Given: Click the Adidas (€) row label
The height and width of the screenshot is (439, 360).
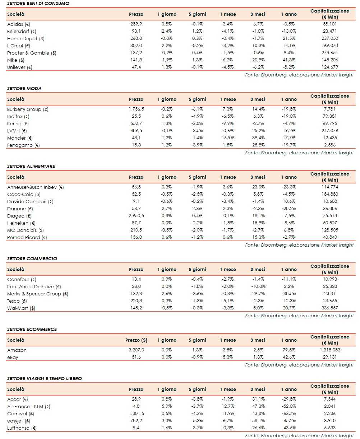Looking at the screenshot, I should (19, 24).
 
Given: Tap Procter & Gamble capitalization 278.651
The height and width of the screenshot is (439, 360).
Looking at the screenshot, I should (329, 53).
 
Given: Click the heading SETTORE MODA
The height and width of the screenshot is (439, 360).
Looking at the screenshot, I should (24, 88).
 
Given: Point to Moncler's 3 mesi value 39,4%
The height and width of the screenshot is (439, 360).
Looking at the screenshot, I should (258, 138).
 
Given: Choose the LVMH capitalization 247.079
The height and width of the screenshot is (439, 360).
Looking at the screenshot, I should (329, 131).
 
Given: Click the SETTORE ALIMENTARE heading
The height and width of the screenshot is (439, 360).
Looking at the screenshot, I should (31, 166).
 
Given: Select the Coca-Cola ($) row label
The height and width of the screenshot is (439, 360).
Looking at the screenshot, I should (24, 194).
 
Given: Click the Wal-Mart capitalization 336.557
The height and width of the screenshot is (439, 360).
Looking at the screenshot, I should (329, 308).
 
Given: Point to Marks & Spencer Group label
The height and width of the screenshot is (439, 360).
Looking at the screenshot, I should (38, 294).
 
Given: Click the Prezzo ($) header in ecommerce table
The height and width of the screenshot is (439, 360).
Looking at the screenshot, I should (136, 340).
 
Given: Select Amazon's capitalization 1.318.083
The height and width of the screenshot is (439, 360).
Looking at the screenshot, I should (329, 350).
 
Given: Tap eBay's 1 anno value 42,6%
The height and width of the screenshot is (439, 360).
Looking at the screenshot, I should (289, 357).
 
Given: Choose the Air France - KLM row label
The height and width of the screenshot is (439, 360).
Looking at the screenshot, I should (29, 406).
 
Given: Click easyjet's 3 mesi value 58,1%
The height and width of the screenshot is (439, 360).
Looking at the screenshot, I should (258, 421).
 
